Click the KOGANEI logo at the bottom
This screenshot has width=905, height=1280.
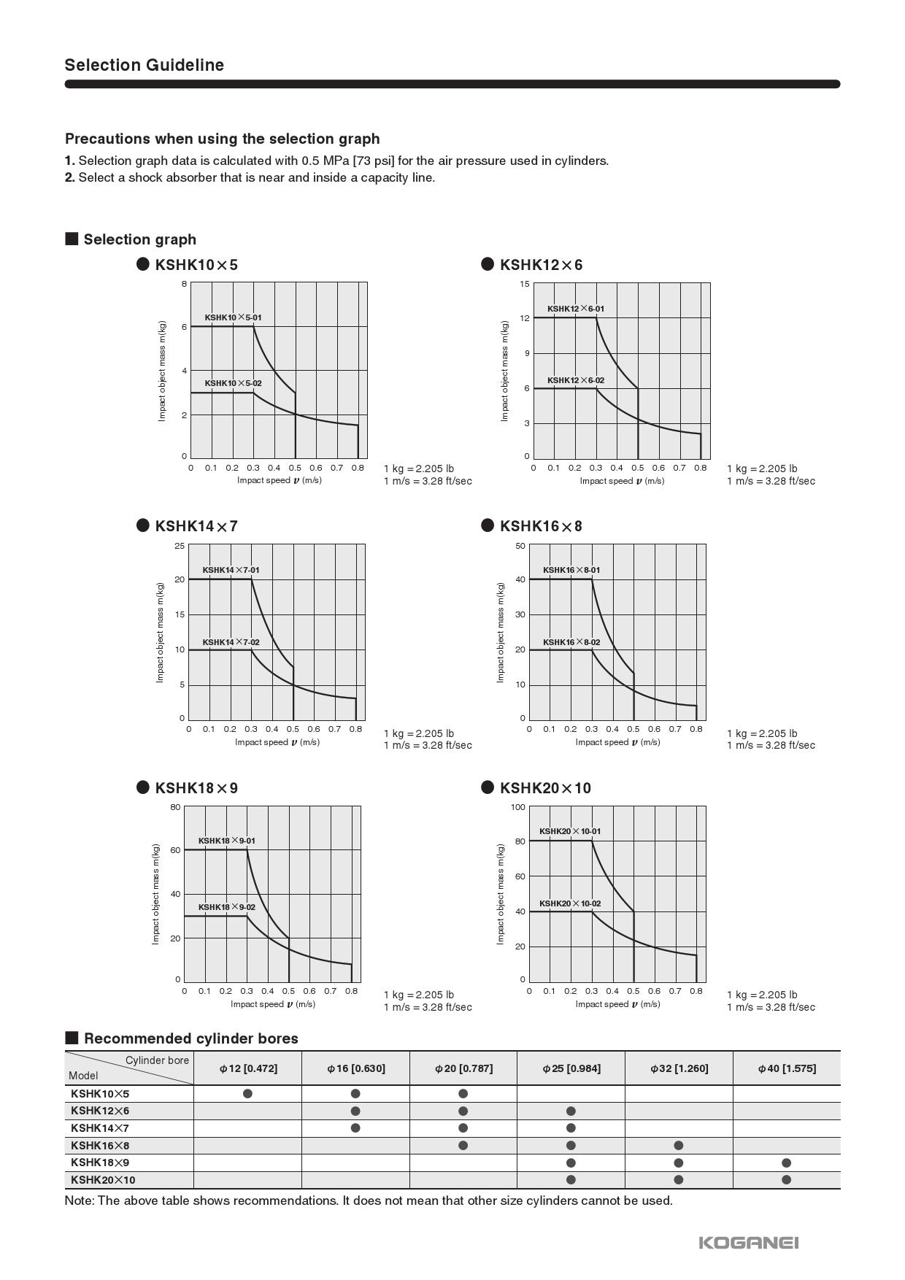(x=748, y=1242)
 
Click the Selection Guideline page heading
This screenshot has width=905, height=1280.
(x=144, y=65)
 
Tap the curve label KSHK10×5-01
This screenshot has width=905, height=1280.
(x=233, y=317)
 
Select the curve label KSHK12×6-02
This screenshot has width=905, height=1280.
(x=576, y=380)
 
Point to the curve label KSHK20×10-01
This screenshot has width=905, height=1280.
(x=570, y=831)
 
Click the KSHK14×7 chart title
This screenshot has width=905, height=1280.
(x=196, y=526)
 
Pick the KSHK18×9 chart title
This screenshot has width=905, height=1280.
(x=196, y=788)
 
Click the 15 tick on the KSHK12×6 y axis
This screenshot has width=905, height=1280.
(x=524, y=284)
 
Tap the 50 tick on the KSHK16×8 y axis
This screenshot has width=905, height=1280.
(x=520, y=546)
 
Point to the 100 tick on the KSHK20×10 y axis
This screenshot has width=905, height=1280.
(x=518, y=807)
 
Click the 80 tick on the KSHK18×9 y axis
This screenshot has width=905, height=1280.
(x=175, y=807)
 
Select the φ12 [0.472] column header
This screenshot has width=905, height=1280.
(x=248, y=1068)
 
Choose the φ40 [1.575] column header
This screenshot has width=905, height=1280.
(x=787, y=1068)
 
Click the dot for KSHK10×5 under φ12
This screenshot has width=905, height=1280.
(x=248, y=1093)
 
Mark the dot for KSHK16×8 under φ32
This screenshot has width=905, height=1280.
(x=679, y=1145)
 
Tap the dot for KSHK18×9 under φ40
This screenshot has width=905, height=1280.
(x=786, y=1163)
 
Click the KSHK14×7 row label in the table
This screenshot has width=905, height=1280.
(x=100, y=1128)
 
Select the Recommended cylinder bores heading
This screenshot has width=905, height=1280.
(x=190, y=1038)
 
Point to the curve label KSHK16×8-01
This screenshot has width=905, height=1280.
(x=571, y=570)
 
